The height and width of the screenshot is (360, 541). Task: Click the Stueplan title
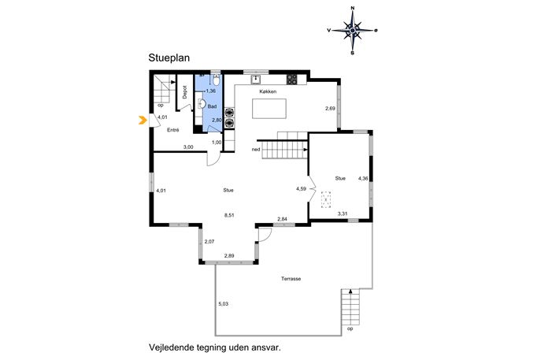169,58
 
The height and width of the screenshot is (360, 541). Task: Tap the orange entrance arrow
143,120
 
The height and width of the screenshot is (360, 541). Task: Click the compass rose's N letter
352,8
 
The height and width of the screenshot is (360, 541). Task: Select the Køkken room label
268,91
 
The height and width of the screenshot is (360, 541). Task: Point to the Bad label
212,106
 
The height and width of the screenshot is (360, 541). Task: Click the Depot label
185,92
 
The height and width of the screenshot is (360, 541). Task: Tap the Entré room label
173,130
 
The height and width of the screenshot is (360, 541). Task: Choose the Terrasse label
291,279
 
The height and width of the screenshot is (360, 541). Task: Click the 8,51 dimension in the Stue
229,215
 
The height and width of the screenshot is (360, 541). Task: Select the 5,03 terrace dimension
223,304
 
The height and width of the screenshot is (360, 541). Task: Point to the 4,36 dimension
363,179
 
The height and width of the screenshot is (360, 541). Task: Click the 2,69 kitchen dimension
330,109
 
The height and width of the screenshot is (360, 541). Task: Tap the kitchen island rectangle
269,109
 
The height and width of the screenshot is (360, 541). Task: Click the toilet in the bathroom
216,80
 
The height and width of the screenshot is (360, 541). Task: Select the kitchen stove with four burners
291,80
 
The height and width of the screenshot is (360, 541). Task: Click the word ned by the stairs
256,150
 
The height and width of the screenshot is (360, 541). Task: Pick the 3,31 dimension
343,213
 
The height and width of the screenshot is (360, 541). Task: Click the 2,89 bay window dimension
229,256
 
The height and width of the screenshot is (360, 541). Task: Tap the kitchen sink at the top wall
256,80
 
